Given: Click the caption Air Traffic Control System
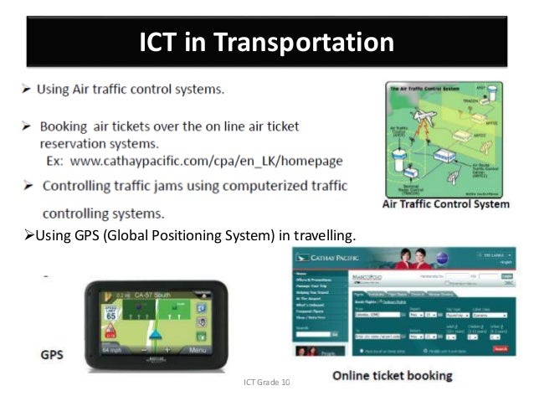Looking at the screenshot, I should click(445, 204).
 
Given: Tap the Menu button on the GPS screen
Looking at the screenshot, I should click(198, 350).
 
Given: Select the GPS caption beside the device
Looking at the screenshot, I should click(52, 354).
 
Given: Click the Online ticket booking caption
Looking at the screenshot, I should click(393, 376).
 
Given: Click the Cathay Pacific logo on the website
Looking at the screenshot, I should click(331, 260).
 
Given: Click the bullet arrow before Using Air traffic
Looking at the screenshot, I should click(27, 88).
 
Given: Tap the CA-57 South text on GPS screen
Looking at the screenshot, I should click(154, 296).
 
